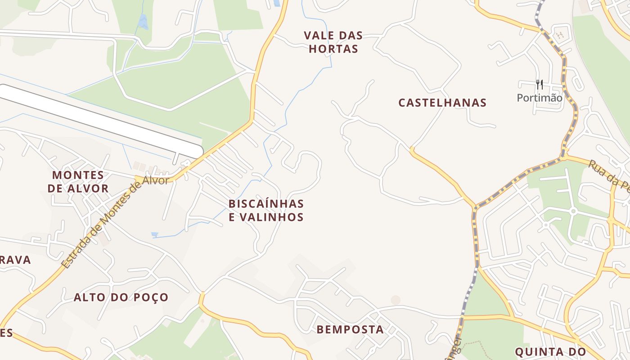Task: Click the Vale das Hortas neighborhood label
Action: (333, 42)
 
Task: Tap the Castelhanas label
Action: (442, 103)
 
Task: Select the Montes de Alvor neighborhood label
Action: (78, 181)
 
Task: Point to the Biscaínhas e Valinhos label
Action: (266, 210)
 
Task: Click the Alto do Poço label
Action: (121, 297)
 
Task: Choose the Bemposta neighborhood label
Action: (350, 329)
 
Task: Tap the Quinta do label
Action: (550, 351)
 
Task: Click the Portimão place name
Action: (540, 98)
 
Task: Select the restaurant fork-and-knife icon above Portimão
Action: (540, 84)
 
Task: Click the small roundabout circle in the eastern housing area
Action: (573, 211)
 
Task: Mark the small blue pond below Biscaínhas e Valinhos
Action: (155, 234)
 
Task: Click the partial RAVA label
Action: (15, 260)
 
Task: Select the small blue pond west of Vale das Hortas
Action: (143, 22)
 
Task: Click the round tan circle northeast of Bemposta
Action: (396, 300)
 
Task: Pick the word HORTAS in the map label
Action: (333, 49)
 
